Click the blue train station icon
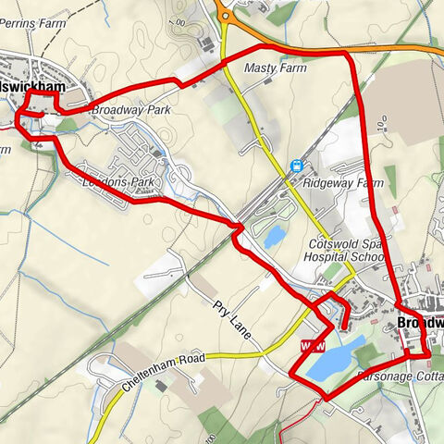coord(297,166)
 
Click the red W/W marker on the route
coord(313,346)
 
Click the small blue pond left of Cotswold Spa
coord(274,237)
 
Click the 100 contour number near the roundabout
coord(180,21)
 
